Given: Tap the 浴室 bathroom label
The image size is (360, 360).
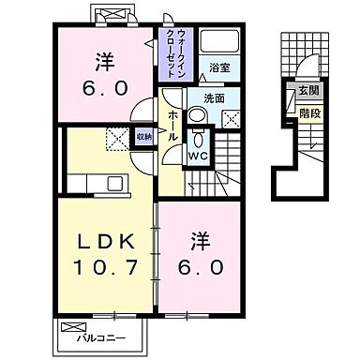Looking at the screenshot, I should (219, 67).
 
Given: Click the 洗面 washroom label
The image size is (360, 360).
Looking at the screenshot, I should (214, 97).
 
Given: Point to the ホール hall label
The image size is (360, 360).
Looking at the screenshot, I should (173, 123).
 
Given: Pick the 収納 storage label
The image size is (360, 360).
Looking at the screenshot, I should (142, 136).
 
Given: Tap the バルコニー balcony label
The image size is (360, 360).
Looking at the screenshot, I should (99, 334).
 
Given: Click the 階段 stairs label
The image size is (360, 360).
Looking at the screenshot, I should (307, 112).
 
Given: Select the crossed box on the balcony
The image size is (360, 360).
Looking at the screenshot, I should (74, 327).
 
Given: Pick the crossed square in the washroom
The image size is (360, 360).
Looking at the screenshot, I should (233, 117).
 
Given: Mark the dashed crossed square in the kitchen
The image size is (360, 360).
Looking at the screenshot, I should (117, 139).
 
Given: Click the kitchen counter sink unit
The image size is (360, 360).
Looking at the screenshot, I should (115, 185).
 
